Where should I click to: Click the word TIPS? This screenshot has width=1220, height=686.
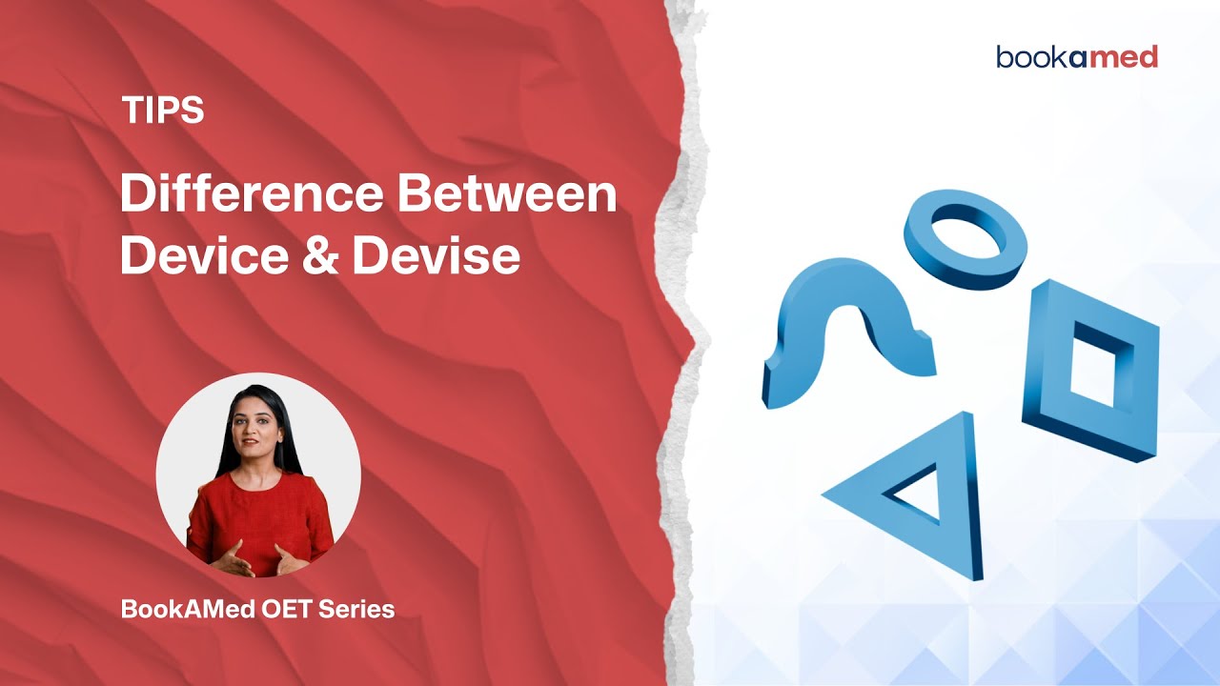click(163, 111)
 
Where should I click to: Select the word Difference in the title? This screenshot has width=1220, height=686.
click(250, 196)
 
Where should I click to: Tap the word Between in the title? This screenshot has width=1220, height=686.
click(507, 196)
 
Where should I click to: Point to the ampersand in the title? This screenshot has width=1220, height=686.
click(320, 257)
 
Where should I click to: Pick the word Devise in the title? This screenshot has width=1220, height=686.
click(436, 256)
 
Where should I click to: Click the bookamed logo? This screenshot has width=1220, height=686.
click(1077, 57)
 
